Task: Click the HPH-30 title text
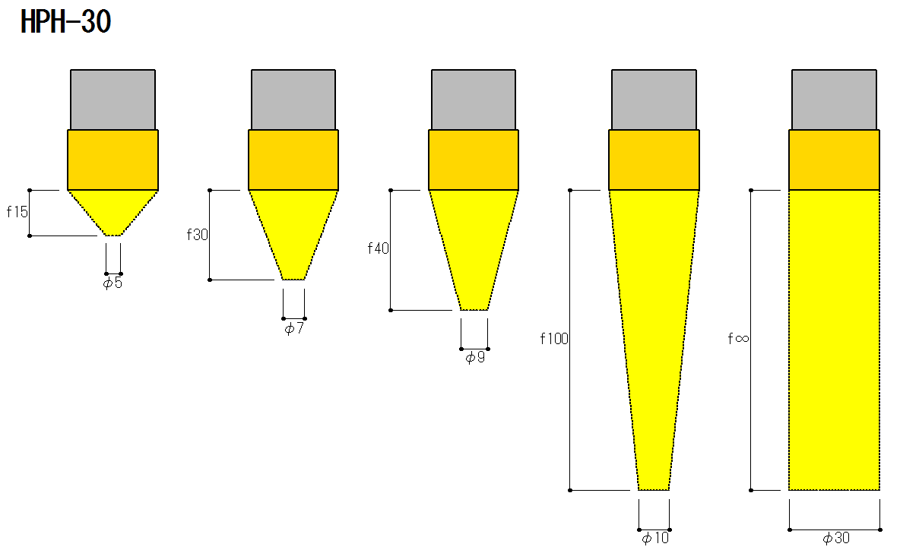[65, 22]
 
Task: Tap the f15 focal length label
[17, 212]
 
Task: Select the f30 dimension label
[198, 235]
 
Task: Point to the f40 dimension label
[379, 248]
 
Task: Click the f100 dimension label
[554, 339]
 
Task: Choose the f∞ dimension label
[738, 338]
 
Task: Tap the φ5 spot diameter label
[112, 283]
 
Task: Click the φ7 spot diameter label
[294, 329]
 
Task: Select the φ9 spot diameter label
[474, 358]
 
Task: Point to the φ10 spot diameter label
[655, 538]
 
